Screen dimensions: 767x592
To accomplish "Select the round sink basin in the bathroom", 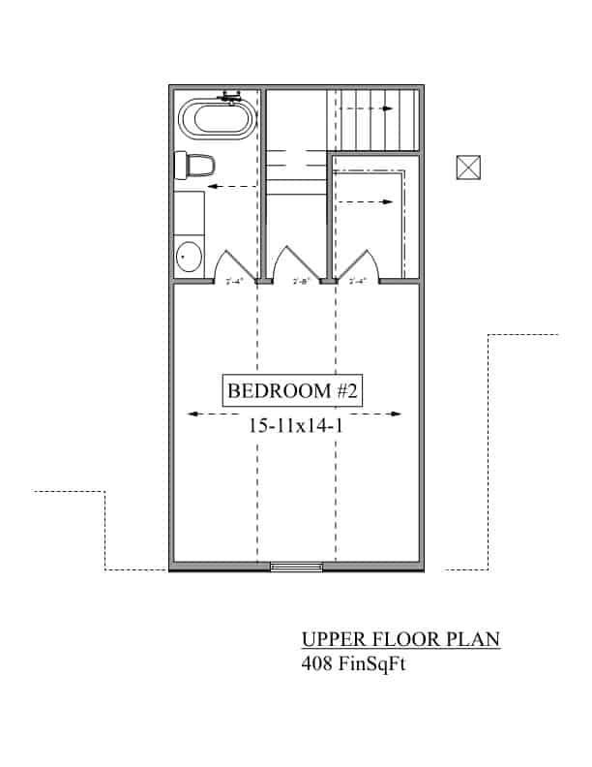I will click(189, 258).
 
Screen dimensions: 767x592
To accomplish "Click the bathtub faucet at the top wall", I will click(230, 96).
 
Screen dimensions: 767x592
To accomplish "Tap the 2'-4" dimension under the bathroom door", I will click(235, 282).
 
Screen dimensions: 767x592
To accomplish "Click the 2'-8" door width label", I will click(301, 282).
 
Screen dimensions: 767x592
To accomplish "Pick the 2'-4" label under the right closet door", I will click(357, 282).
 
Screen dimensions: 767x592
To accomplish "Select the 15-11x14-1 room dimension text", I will click(295, 423).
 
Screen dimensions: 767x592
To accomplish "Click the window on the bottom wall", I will click(296, 567).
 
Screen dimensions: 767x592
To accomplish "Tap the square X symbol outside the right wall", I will click(468, 168).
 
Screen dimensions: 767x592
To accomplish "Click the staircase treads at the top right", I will click(377, 118).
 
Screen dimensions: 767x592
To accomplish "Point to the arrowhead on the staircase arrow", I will click(388, 108).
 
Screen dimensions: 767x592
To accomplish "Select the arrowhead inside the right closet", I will click(389, 202).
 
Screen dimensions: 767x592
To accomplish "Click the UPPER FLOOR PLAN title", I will click(400, 640).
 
